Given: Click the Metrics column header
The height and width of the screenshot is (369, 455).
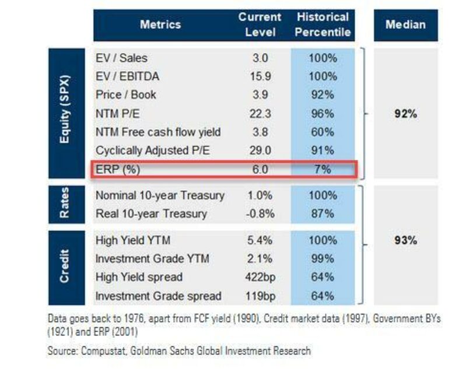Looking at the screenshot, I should tap(160, 24).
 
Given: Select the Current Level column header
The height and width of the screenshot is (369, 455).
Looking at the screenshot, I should tap(260, 24).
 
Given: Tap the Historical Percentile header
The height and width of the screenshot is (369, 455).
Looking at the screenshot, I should tap(322, 24).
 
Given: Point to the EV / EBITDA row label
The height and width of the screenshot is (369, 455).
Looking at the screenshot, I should tap(127, 76).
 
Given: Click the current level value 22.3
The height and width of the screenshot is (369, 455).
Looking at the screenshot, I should tap(260, 114).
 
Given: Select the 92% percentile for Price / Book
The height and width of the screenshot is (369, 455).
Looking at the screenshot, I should tap(322, 95).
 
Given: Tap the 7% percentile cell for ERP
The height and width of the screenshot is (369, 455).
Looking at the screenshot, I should tap(322, 170).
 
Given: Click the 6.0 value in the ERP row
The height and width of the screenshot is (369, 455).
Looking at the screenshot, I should tap(260, 170).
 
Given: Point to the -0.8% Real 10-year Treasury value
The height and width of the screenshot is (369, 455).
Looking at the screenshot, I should tap(260, 214).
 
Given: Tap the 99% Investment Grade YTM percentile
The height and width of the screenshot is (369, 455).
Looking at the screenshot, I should tap(322, 258).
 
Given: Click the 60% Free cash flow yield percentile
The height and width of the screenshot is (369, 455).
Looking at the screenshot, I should tap(322, 132).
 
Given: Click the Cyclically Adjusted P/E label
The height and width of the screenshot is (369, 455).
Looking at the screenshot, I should tap(152, 151).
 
